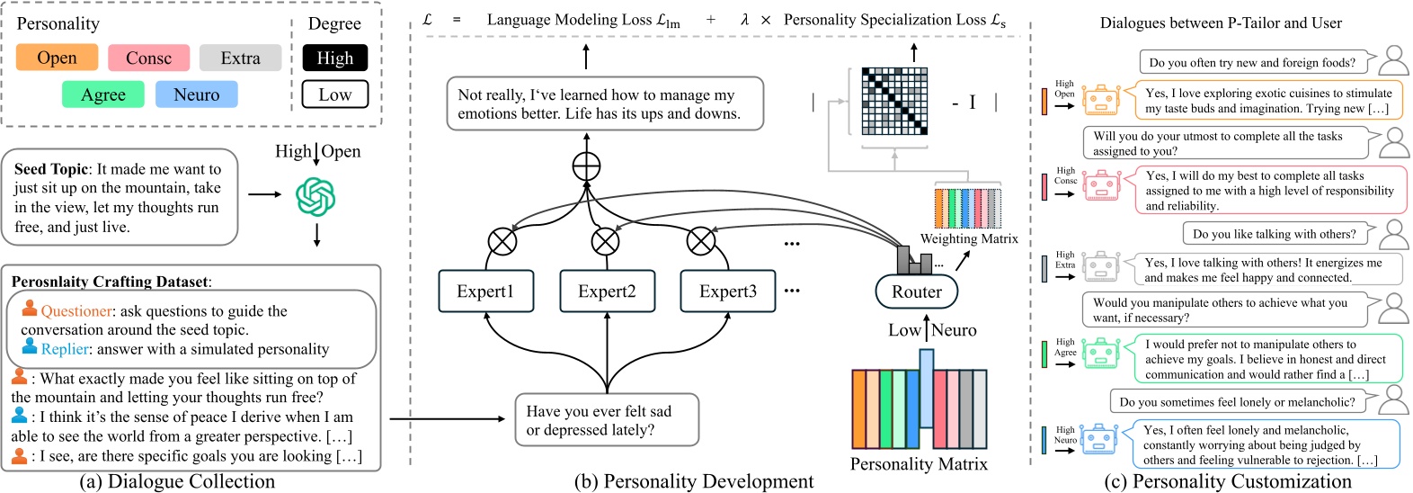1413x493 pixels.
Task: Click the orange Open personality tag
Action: click(x=57, y=58)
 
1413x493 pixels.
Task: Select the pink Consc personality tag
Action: click(x=148, y=58)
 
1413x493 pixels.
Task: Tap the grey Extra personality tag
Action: click(x=240, y=58)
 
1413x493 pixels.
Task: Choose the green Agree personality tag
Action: click(x=103, y=94)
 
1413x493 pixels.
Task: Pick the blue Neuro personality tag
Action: click(x=196, y=94)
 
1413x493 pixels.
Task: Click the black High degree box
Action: click(x=334, y=58)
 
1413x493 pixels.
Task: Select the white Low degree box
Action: click(x=334, y=94)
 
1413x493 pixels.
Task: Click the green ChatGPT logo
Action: click(x=315, y=196)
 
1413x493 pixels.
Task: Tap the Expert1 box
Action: click(x=485, y=291)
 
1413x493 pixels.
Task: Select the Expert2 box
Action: click(x=607, y=291)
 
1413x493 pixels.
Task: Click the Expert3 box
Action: click(x=728, y=291)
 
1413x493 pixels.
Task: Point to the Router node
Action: click(x=916, y=291)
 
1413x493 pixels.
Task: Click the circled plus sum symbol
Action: click(x=586, y=166)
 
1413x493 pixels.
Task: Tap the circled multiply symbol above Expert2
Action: click(x=606, y=241)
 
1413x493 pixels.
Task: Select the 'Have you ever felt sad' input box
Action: click(x=607, y=420)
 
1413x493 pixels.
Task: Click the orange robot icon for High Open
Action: click(x=1100, y=100)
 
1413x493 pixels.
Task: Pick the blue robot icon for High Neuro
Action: click(x=1098, y=439)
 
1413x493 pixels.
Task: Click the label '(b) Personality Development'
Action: click(x=694, y=481)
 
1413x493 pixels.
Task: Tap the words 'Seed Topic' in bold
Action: click(x=51, y=169)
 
